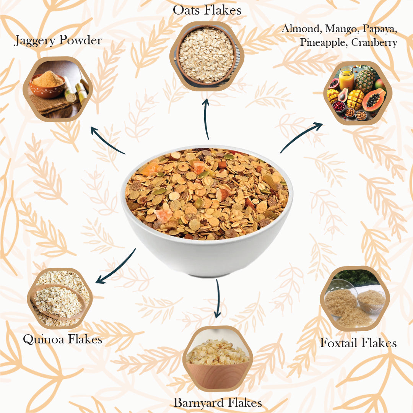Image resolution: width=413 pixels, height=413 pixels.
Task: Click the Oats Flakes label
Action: (207, 10)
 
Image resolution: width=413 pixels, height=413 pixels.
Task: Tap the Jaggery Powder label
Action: (58, 40)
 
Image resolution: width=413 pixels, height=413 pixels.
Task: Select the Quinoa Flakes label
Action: (62, 339)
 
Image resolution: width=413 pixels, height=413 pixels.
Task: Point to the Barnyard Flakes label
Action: (218, 402)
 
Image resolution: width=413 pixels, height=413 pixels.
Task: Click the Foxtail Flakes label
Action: (358, 343)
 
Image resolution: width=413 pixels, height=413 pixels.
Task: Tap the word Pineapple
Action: (323, 42)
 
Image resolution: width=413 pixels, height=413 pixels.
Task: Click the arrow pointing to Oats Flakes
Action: (207, 119)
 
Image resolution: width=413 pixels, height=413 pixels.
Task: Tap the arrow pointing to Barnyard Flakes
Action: (218, 298)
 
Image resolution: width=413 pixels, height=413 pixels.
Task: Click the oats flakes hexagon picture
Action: (207, 55)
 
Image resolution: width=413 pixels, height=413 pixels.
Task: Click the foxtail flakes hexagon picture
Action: (354, 298)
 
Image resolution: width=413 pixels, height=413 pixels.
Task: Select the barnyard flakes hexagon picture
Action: (217, 358)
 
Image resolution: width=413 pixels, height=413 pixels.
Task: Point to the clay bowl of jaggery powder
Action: (47, 86)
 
